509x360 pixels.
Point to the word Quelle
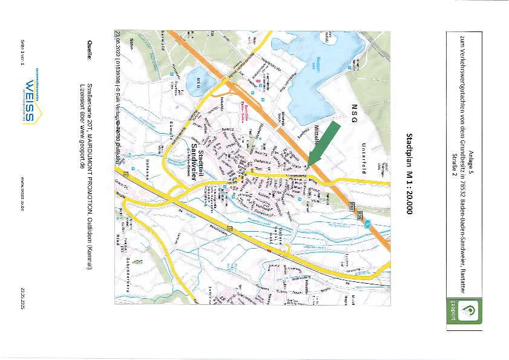(89, 50)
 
